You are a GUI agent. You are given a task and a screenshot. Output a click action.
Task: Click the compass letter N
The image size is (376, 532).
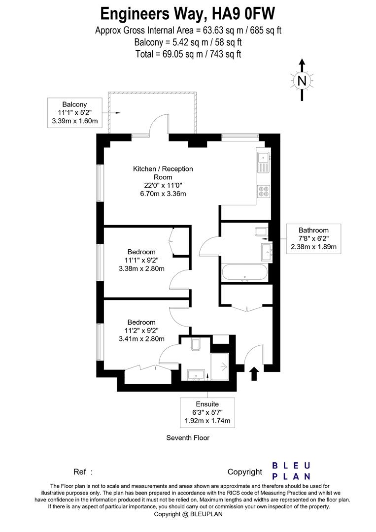(x=302, y=81)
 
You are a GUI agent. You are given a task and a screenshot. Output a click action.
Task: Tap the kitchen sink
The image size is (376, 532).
(x=263, y=162)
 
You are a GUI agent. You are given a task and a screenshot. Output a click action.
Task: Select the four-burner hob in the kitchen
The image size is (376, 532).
(x=264, y=191)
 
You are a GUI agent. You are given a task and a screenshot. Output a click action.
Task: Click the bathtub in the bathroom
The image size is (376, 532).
(x=244, y=272)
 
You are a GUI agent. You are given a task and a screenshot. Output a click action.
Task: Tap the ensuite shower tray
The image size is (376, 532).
(x=220, y=366)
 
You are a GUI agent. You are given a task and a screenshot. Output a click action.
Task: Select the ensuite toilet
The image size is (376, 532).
(x=196, y=344)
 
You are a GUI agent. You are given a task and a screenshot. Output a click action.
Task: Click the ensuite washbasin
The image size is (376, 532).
(x=196, y=375)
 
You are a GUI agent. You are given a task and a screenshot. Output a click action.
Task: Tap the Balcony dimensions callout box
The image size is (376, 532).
(x=74, y=113)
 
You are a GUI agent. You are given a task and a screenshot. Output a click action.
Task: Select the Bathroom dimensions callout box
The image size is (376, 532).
(x=313, y=238)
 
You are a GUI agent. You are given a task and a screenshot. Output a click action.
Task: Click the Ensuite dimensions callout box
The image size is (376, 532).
(x=207, y=413)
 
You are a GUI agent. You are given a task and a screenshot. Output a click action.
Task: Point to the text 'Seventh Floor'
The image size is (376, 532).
(x=188, y=438)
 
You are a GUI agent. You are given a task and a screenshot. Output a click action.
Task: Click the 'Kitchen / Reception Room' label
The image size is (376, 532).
(x=163, y=173)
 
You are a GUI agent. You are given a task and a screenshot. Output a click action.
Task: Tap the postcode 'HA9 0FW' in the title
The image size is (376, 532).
(x=243, y=14)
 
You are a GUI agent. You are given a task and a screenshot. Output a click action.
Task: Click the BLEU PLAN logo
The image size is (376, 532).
(x=291, y=471)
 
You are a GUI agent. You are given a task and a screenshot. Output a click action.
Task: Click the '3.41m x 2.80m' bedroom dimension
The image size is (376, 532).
(x=141, y=338)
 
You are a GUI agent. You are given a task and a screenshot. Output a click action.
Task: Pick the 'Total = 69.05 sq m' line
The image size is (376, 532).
(x=188, y=54)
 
